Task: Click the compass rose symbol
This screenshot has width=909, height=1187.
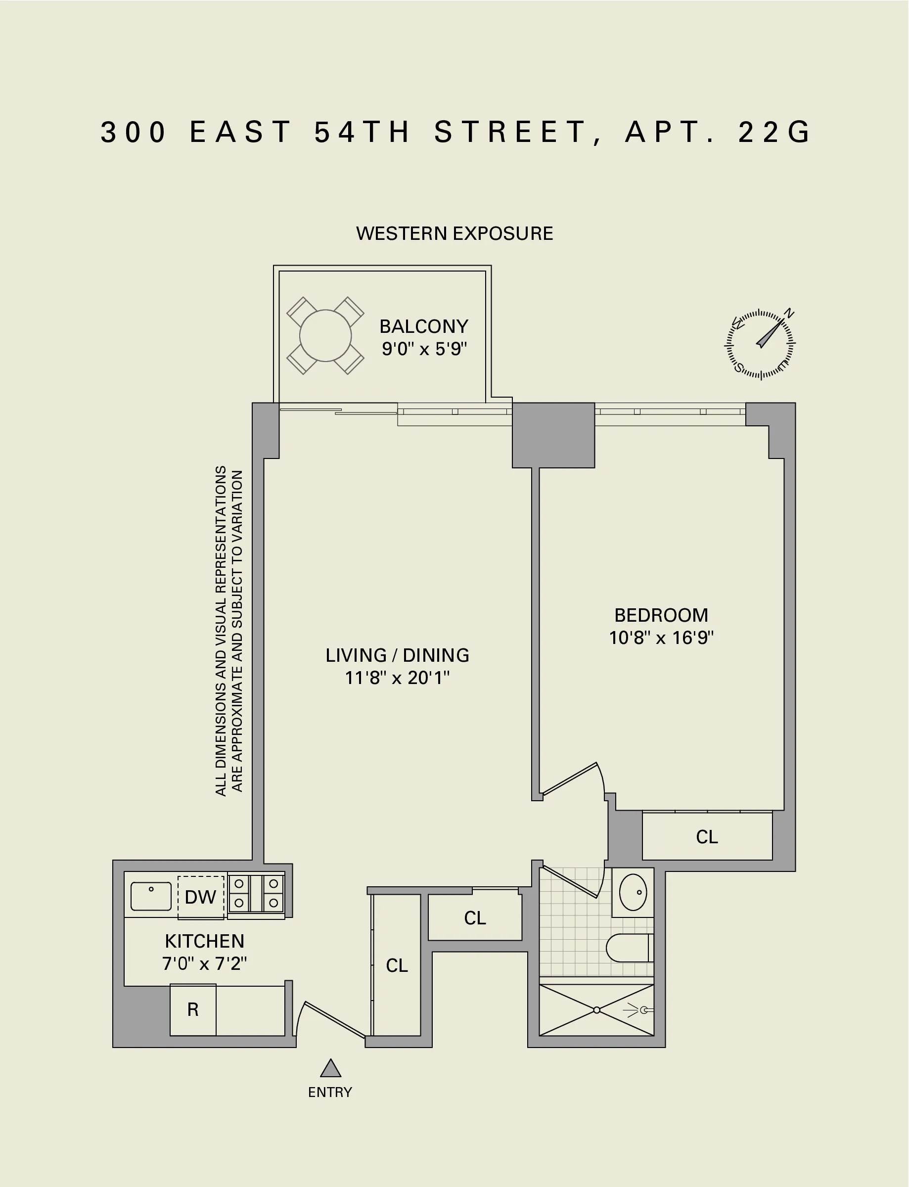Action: tap(760, 344)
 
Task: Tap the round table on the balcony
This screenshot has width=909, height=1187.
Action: tap(325, 335)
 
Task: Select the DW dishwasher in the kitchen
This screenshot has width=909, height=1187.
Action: tap(200, 897)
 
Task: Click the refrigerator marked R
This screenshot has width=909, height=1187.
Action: tap(192, 1009)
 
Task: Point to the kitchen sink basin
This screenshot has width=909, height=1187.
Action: tap(151, 897)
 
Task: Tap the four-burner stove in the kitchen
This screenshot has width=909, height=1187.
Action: tap(256, 894)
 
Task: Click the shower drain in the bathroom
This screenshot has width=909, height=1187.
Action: tap(596, 1010)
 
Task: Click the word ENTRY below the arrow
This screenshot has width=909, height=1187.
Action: tap(330, 1093)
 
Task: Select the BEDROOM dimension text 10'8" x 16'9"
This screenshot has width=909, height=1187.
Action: tap(661, 638)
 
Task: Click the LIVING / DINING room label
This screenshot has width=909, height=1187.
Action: tap(397, 655)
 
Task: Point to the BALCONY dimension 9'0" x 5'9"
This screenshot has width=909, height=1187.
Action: tap(424, 349)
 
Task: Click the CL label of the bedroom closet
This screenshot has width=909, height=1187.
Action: tap(707, 837)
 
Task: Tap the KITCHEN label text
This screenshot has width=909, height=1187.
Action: tap(205, 941)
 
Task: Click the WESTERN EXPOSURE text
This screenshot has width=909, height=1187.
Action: tap(454, 234)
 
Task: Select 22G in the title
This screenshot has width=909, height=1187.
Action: tap(775, 132)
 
